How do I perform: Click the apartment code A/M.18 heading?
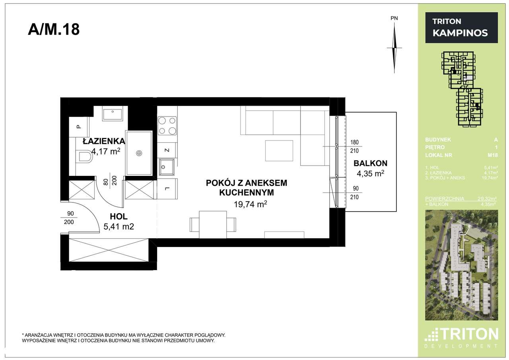pyautogui.click(x=54, y=30)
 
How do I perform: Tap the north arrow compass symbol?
pyautogui.click(x=394, y=47)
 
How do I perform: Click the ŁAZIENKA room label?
pyautogui.click(x=104, y=141)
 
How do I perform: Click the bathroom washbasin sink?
pyautogui.click(x=113, y=114)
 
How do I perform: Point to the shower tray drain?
pyautogui.click(x=139, y=153)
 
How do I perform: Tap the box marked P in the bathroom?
pyautogui.click(x=79, y=127)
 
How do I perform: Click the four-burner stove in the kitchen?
pyautogui.click(x=167, y=125)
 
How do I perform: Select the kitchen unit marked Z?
pyautogui.click(x=167, y=150)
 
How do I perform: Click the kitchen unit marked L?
pyautogui.click(x=167, y=188)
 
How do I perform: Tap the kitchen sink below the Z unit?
pyautogui.click(x=166, y=167)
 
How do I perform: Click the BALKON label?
pyautogui.click(x=370, y=163)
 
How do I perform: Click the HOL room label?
pyautogui.click(x=119, y=217)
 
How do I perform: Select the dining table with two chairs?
pyautogui.click(x=213, y=224)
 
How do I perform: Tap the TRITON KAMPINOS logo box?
pyautogui.click(x=461, y=27)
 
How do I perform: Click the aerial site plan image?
pyautogui.click(x=461, y=265)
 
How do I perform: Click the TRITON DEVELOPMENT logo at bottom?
pyautogui.click(x=461, y=338)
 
